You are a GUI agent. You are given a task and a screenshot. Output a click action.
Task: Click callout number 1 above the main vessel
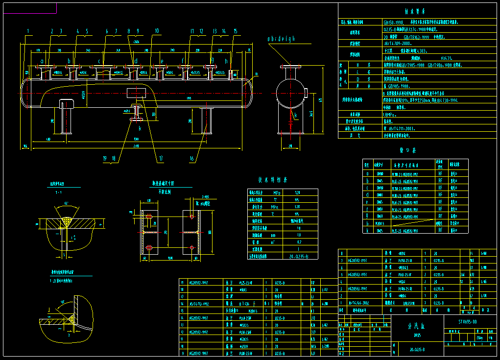[x=28, y=31]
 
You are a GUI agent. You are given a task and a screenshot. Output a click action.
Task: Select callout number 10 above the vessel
[x=156, y=31]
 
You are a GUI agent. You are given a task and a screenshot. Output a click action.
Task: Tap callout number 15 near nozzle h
[x=235, y=31]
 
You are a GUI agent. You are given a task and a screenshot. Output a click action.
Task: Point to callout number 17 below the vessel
[x=160, y=158]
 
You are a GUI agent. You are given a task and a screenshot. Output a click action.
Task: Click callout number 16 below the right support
[x=191, y=158]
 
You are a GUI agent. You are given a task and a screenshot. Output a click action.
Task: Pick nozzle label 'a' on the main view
[x=42, y=62]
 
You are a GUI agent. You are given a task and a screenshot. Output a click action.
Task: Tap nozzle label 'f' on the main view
[x=183, y=62]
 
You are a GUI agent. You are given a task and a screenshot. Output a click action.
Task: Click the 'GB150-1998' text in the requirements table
[x=393, y=22]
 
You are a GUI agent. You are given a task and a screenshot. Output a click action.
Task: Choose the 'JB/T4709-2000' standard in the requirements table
[x=396, y=43]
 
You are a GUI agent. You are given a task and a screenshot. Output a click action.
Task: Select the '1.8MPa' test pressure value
[x=389, y=114]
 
